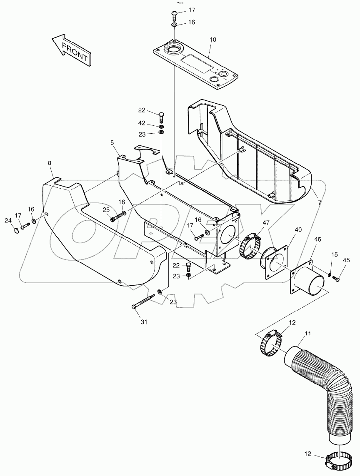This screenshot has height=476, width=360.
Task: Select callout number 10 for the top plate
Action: [212, 40]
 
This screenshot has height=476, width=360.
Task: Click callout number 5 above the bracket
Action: [112, 142]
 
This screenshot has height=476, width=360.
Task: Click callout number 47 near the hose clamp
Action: [266, 223]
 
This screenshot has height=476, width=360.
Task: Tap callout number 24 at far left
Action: [7, 220]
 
